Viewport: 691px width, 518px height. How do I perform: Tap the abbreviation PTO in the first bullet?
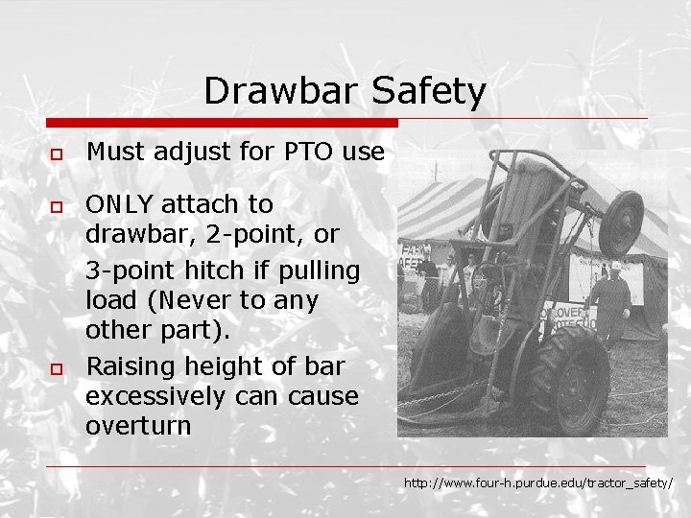click(305, 151)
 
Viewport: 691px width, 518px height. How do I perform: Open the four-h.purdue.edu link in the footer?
click(537, 483)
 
